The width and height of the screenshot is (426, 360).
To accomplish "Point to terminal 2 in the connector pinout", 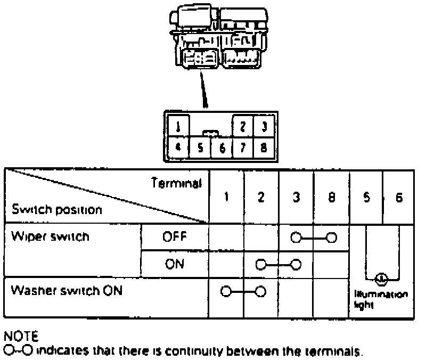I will (242, 127).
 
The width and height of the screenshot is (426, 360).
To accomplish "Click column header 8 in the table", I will (331, 197).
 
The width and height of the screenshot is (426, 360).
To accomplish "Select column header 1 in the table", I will (226, 197).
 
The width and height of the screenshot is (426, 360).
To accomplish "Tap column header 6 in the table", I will (399, 197).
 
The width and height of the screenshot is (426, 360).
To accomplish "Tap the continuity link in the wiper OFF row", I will (313, 237).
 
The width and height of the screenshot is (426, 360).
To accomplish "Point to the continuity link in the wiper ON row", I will (278, 264).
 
